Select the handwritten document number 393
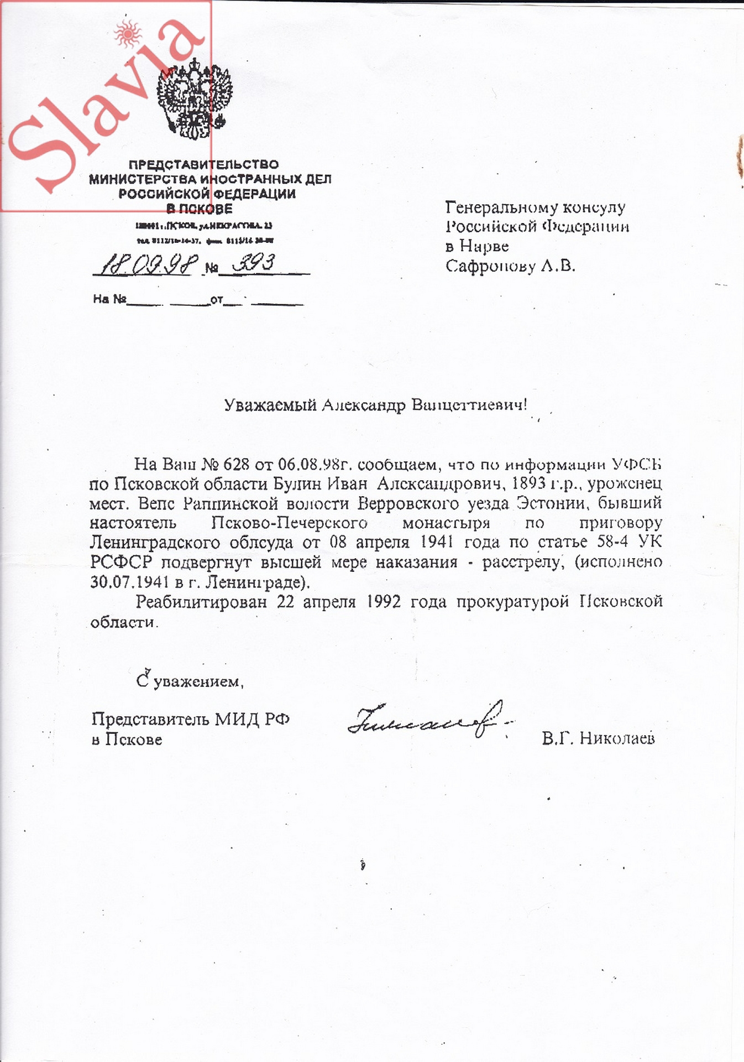(x=254, y=263)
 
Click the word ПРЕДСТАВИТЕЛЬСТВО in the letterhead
(x=203, y=164)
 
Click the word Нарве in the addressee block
(x=484, y=246)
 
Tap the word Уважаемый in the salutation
(x=270, y=405)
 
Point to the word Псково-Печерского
(x=290, y=523)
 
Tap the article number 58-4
(x=612, y=542)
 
